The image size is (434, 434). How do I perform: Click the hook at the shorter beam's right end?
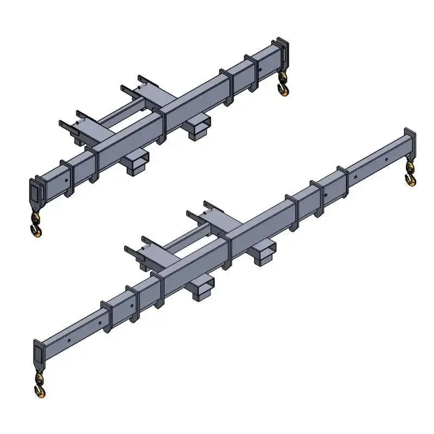283,86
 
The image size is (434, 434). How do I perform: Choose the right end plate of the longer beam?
409,142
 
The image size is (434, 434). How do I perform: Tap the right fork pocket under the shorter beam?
196,128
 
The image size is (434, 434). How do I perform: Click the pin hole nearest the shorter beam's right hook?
260,69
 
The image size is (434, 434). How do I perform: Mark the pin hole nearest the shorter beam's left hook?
65,178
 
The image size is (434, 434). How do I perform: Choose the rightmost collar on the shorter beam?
251,70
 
